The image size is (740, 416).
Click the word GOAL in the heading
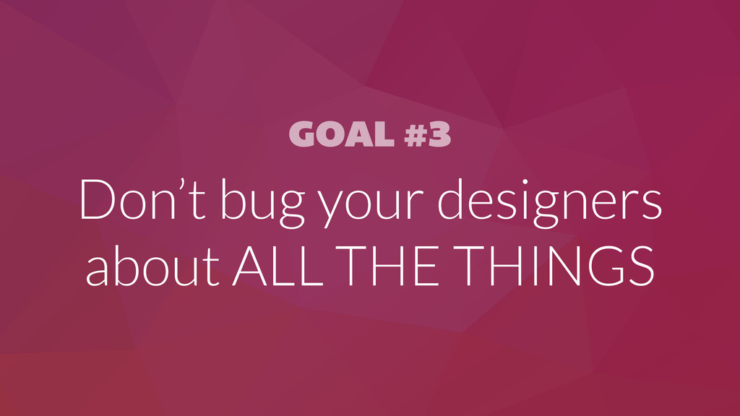pos(342,134)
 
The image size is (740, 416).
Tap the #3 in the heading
pos(428,134)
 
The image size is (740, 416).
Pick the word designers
pos(550,203)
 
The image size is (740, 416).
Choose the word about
pos(153,266)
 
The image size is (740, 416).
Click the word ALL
pos(278,266)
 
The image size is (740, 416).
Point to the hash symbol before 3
pos(416,134)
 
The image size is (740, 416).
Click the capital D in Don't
pos(98,199)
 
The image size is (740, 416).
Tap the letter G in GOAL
pos(303,134)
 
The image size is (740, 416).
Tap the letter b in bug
pos(233,199)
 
